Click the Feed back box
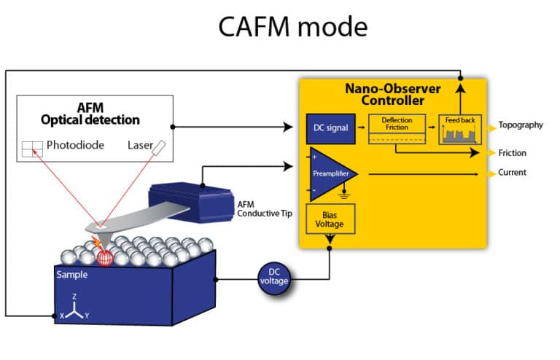tap(461, 128)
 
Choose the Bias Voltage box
tap(328, 219)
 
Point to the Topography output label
tap(521, 125)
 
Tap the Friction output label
tap(512, 153)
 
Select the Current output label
tap(512, 173)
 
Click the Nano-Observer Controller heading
tap(393, 94)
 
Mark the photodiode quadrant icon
tap(32, 149)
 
